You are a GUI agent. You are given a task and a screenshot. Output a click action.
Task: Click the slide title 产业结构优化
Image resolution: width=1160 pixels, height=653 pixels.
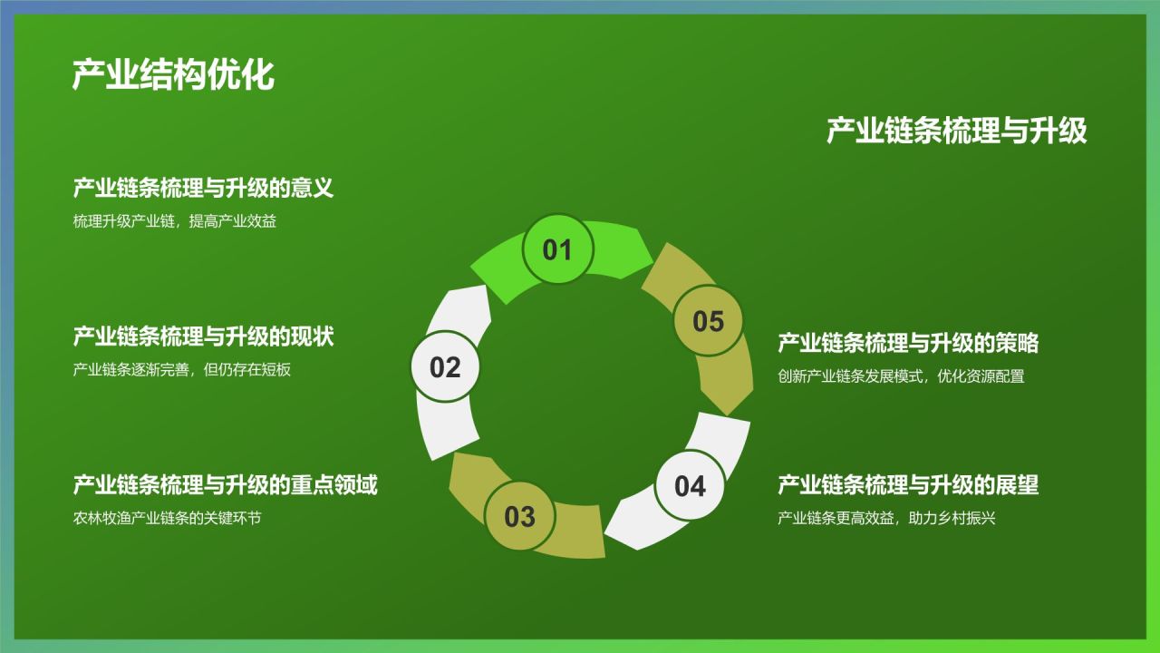tap(173, 75)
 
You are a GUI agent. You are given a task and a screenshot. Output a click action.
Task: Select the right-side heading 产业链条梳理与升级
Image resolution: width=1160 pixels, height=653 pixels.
tap(956, 131)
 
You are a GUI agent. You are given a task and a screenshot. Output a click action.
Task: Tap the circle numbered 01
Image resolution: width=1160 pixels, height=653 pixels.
tap(557, 249)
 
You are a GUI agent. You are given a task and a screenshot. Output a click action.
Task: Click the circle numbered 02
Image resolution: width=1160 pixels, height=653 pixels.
tap(445, 367)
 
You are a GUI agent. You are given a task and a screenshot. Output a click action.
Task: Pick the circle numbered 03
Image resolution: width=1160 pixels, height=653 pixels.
tap(519, 516)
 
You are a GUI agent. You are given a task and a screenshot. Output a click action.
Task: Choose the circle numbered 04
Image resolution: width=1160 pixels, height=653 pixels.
tap(690, 485)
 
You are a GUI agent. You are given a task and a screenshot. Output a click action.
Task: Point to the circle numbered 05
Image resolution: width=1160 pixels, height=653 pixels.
tap(708, 321)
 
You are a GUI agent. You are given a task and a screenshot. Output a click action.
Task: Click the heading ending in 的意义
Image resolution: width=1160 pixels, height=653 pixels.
tap(204, 189)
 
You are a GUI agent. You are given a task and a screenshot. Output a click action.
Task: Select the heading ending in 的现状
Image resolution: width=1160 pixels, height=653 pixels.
tap(204, 336)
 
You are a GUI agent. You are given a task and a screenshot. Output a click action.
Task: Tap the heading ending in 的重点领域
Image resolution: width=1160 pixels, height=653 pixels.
tap(226, 484)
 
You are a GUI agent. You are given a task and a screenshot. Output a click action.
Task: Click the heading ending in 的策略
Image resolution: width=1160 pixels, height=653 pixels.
tap(908, 343)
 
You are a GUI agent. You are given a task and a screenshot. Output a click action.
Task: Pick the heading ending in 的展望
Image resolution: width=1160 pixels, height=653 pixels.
tap(908, 484)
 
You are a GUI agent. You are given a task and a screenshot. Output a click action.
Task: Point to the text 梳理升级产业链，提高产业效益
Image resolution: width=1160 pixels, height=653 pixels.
tap(175, 221)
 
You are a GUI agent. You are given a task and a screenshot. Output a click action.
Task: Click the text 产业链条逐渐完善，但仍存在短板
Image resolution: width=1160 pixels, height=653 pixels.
tap(182, 370)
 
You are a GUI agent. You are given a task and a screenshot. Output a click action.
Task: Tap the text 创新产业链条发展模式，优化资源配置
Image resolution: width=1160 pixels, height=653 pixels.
tap(901, 376)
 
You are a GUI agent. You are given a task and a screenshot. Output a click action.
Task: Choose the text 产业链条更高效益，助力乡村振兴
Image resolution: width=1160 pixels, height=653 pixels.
tap(886, 519)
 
